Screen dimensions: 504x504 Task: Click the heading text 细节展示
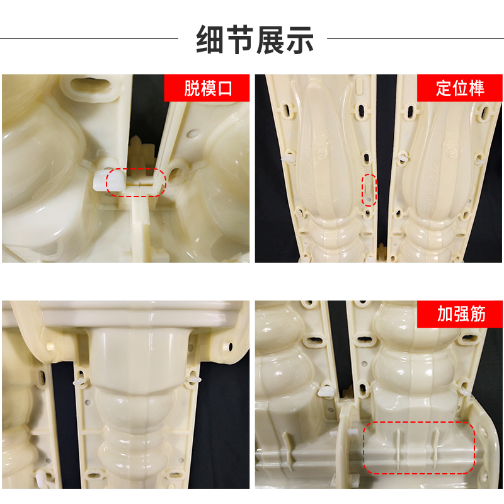coord(255,39)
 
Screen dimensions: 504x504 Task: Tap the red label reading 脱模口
coord(208,88)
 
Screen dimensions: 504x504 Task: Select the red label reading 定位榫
coord(461,88)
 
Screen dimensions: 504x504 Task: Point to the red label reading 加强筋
coord(461,313)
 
